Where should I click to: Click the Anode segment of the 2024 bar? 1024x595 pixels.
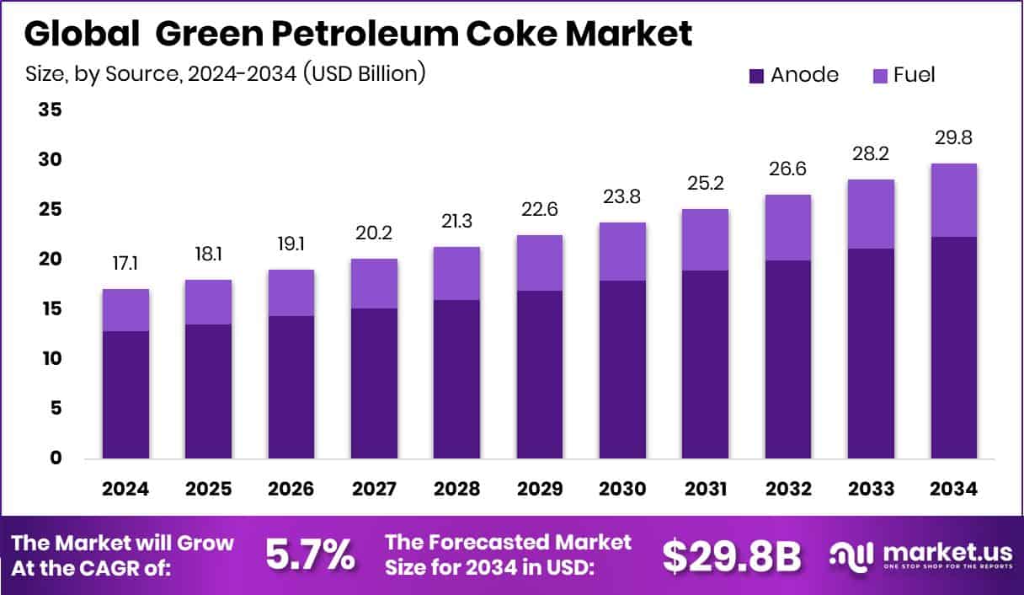coord(125,394)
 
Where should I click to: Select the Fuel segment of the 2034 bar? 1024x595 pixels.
coord(954,200)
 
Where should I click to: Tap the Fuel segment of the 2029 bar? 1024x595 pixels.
coord(540,263)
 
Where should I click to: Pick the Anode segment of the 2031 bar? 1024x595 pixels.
coord(706,364)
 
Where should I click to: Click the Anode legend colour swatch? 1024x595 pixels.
coord(756,76)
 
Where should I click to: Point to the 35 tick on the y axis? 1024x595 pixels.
coord(50,110)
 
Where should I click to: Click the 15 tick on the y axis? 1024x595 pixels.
coord(50,309)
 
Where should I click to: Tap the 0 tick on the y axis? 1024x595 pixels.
coord(55,458)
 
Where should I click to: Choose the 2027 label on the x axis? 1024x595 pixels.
coord(374,490)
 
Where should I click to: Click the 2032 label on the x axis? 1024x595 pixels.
coord(788,490)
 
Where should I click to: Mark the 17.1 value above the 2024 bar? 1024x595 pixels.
coord(125,265)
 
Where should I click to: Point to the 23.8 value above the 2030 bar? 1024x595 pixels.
coord(622,197)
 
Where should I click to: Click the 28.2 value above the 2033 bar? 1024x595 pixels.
coord(872,154)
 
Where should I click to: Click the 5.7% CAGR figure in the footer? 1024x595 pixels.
coord(310,555)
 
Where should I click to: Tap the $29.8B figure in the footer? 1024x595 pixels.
coord(730,555)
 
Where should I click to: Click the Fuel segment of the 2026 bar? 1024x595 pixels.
coord(291,292)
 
